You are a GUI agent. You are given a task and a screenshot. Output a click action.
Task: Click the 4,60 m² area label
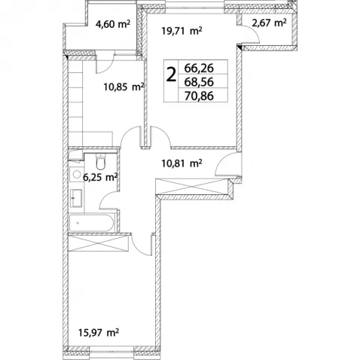[x=113, y=24]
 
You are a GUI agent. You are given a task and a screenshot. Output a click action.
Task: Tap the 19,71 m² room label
[x=182, y=31]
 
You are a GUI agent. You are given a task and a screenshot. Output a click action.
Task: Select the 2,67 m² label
[x=269, y=23]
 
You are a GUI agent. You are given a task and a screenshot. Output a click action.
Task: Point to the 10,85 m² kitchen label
[x=124, y=87]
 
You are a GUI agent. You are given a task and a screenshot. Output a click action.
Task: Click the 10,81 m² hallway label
[x=182, y=163]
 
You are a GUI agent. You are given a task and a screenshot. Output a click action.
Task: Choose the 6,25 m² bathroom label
[x=100, y=178]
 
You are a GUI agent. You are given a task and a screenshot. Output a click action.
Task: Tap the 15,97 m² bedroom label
[x=99, y=333]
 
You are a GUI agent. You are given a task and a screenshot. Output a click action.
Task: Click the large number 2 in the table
[x=171, y=75]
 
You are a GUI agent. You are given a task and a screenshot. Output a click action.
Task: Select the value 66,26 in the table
[x=199, y=68]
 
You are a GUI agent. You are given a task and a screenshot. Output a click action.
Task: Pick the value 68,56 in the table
[x=199, y=82]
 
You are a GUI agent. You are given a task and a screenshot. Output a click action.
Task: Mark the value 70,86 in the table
[x=199, y=96]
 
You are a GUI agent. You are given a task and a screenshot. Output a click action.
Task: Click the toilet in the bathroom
[x=101, y=161]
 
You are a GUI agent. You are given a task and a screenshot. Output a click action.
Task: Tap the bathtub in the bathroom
[x=92, y=223]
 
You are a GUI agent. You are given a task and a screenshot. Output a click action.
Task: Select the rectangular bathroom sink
[x=76, y=198]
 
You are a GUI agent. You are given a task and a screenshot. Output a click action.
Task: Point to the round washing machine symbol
[x=76, y=174]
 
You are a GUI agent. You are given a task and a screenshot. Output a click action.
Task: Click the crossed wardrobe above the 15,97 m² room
[x=99, y=243]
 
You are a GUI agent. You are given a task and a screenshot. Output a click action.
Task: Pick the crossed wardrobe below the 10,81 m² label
[x=193, y=187]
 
